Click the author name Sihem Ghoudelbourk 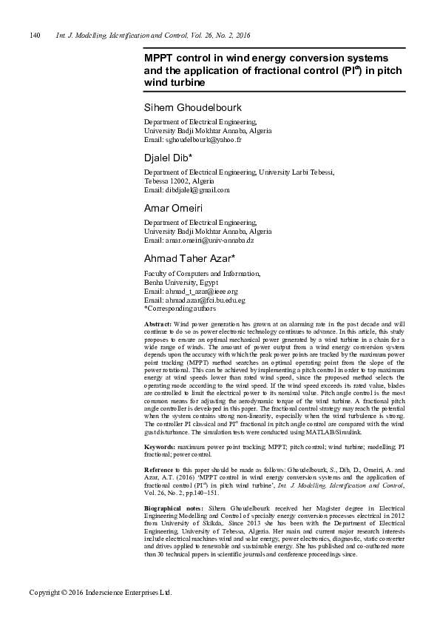pyautogui.click(x=194, y=108)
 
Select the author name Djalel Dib pyautogui.click(x=167, y=158)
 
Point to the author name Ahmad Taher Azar pyautogui.click(x=189, y=258)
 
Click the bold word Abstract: pyautogui.click(x=157, y=325)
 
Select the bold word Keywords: pyautogui.click(x=159, y=448)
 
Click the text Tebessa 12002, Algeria pyautogui.click(x=179, y=181)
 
